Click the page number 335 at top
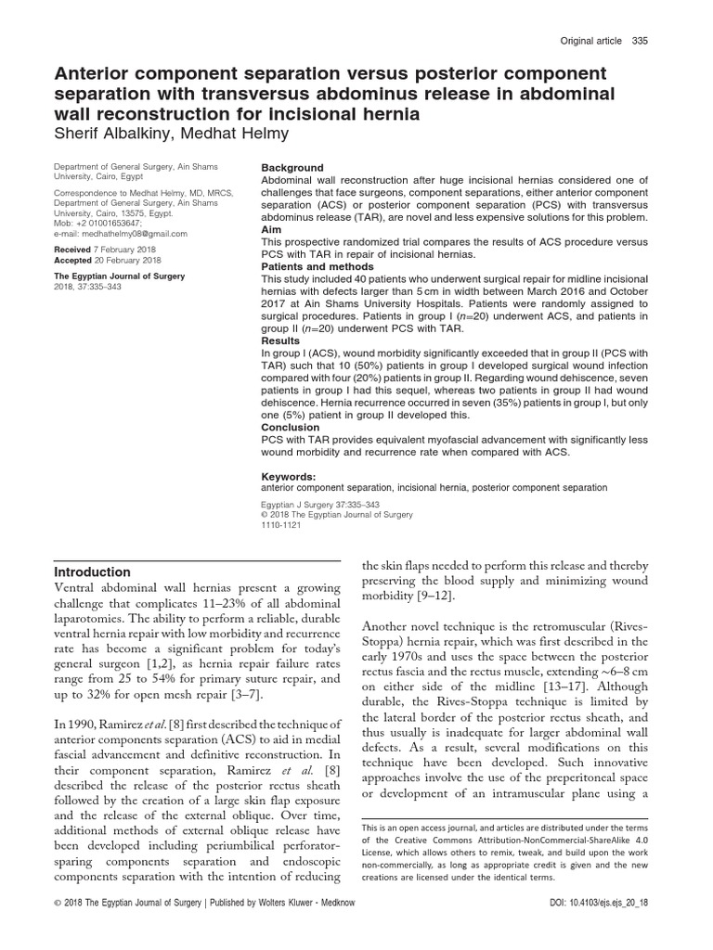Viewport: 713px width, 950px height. [640, 41]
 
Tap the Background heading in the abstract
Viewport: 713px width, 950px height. [292, 168]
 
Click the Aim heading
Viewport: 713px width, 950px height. [271, 228]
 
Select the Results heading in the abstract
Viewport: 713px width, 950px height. [282, 340]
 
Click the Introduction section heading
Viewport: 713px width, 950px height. [92, 571]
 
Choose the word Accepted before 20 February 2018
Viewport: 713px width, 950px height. [73, 261]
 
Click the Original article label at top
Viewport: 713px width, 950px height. [590, 41]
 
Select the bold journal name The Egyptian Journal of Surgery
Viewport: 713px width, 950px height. [119, 276]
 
